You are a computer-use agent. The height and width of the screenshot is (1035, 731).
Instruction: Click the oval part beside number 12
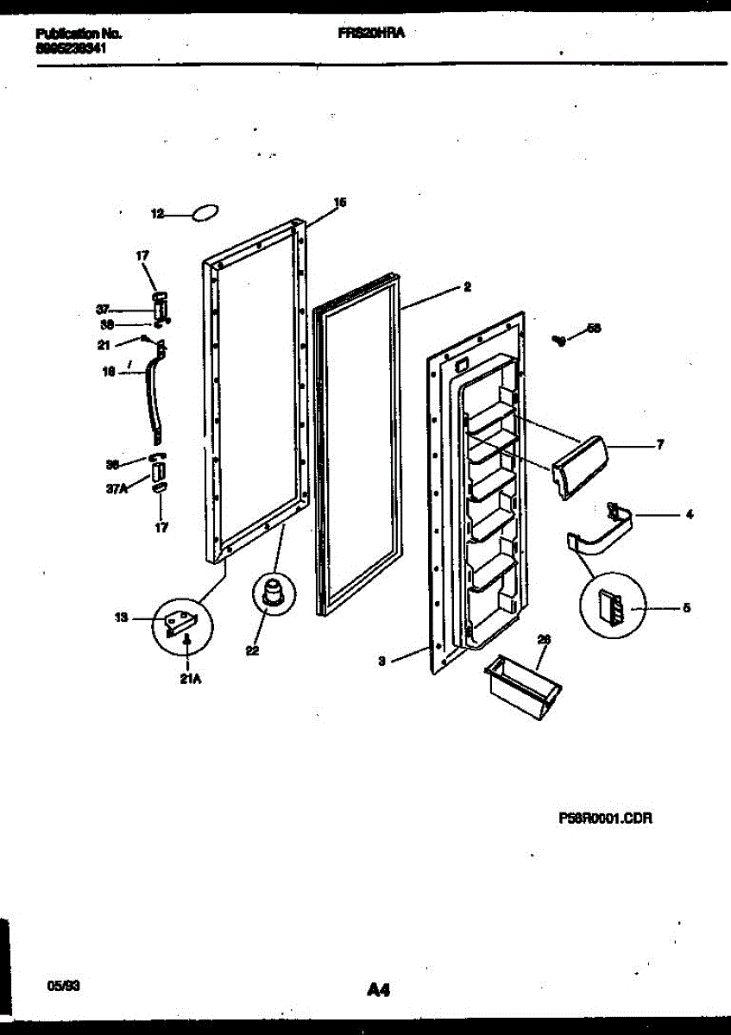point(205,214)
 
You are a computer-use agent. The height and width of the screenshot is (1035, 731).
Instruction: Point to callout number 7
point(660,446)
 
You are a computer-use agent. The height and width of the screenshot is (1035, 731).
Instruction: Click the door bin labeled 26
point(522,682)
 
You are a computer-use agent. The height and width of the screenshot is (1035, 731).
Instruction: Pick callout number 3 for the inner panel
point(381,662)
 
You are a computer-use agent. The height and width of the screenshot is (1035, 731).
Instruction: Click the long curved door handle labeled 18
point(156,395)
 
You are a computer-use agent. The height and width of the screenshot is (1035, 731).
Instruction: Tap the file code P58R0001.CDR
point(604,818)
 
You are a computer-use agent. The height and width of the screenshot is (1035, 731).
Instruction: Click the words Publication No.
point(79,34)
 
